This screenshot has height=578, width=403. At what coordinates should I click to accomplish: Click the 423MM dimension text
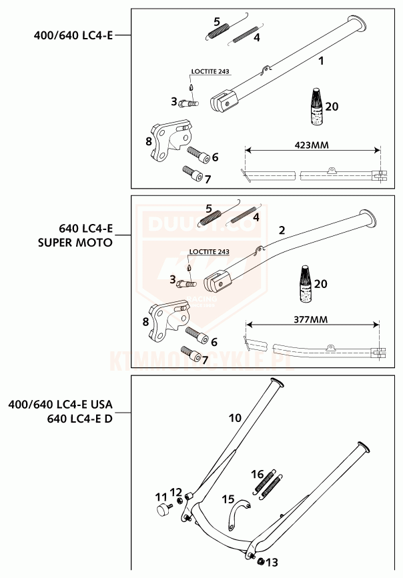click(312, 144)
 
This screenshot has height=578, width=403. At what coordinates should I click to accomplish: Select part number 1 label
click(321, 61)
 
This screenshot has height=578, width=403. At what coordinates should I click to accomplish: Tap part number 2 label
click(282, 230)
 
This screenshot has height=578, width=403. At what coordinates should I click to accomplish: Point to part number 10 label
click(235, 419)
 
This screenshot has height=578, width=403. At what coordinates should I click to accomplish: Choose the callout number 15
click(228, 499)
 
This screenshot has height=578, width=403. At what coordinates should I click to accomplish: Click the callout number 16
click(258, 474)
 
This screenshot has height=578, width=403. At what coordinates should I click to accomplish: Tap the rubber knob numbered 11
click(162, 510)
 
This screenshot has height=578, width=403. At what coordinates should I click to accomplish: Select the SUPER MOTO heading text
click(75, 243)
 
